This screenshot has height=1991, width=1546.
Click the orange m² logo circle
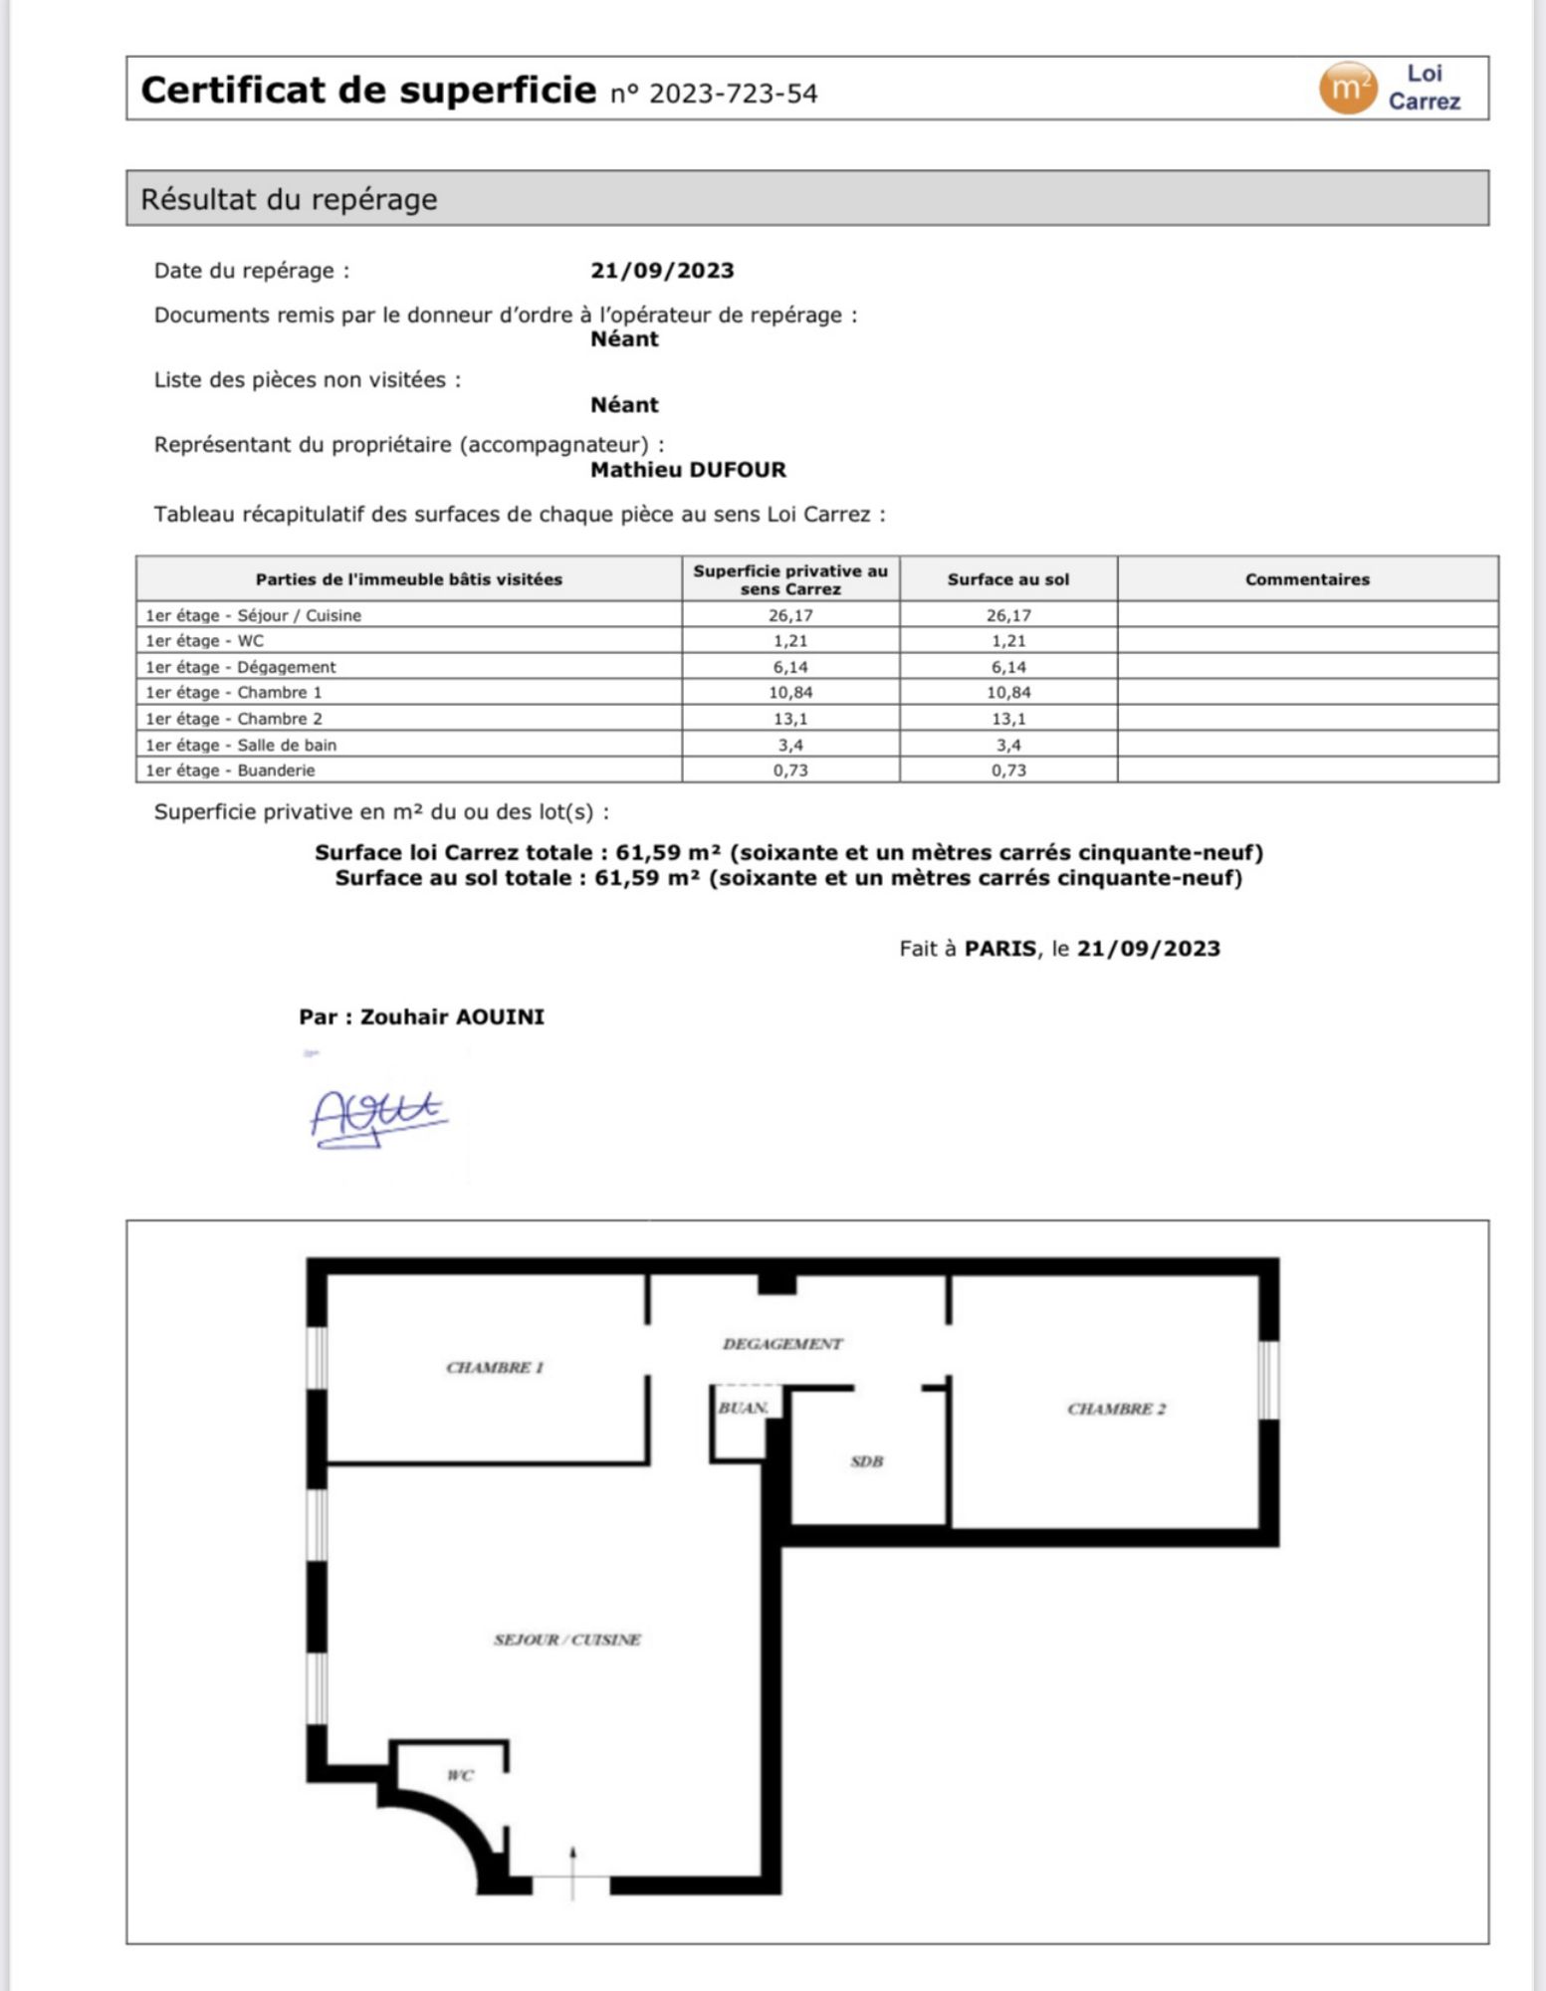click(x=1347, y=88)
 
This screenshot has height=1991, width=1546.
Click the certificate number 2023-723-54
click(x=732, y=94)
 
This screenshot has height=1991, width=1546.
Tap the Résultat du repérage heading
click(x=289, y=199)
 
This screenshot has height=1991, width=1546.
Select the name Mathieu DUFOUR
click(x=688, y=469)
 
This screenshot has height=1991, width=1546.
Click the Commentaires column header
click(x=1306, y=579)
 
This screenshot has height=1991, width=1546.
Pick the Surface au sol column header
click(x=1007, y=579)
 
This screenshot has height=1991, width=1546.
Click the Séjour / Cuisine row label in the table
click(x=254, y=615)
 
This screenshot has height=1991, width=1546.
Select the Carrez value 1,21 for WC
click(x=790, y=641)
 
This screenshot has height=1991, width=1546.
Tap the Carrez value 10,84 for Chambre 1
click(x=790, y=692)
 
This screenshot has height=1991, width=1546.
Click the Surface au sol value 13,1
click(x=1007, y=718)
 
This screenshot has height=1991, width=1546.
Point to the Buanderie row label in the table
click(x=231, y=770)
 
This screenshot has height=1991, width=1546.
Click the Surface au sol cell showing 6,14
click(x=1007, y=667)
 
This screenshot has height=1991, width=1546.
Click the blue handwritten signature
click(x=378, y=1117)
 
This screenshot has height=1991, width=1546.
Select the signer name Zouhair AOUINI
click(x=452, y=1016)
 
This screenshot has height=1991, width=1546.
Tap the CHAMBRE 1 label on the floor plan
click(x=495, y=1367)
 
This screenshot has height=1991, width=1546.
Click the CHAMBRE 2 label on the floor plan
click(x=1116, y=1409)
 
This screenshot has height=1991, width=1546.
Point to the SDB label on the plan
click(x=866, y=1461)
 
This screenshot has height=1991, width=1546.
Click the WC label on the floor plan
click(x=460, y=1775)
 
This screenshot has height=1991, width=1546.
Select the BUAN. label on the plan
click(x=743, y=1408)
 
